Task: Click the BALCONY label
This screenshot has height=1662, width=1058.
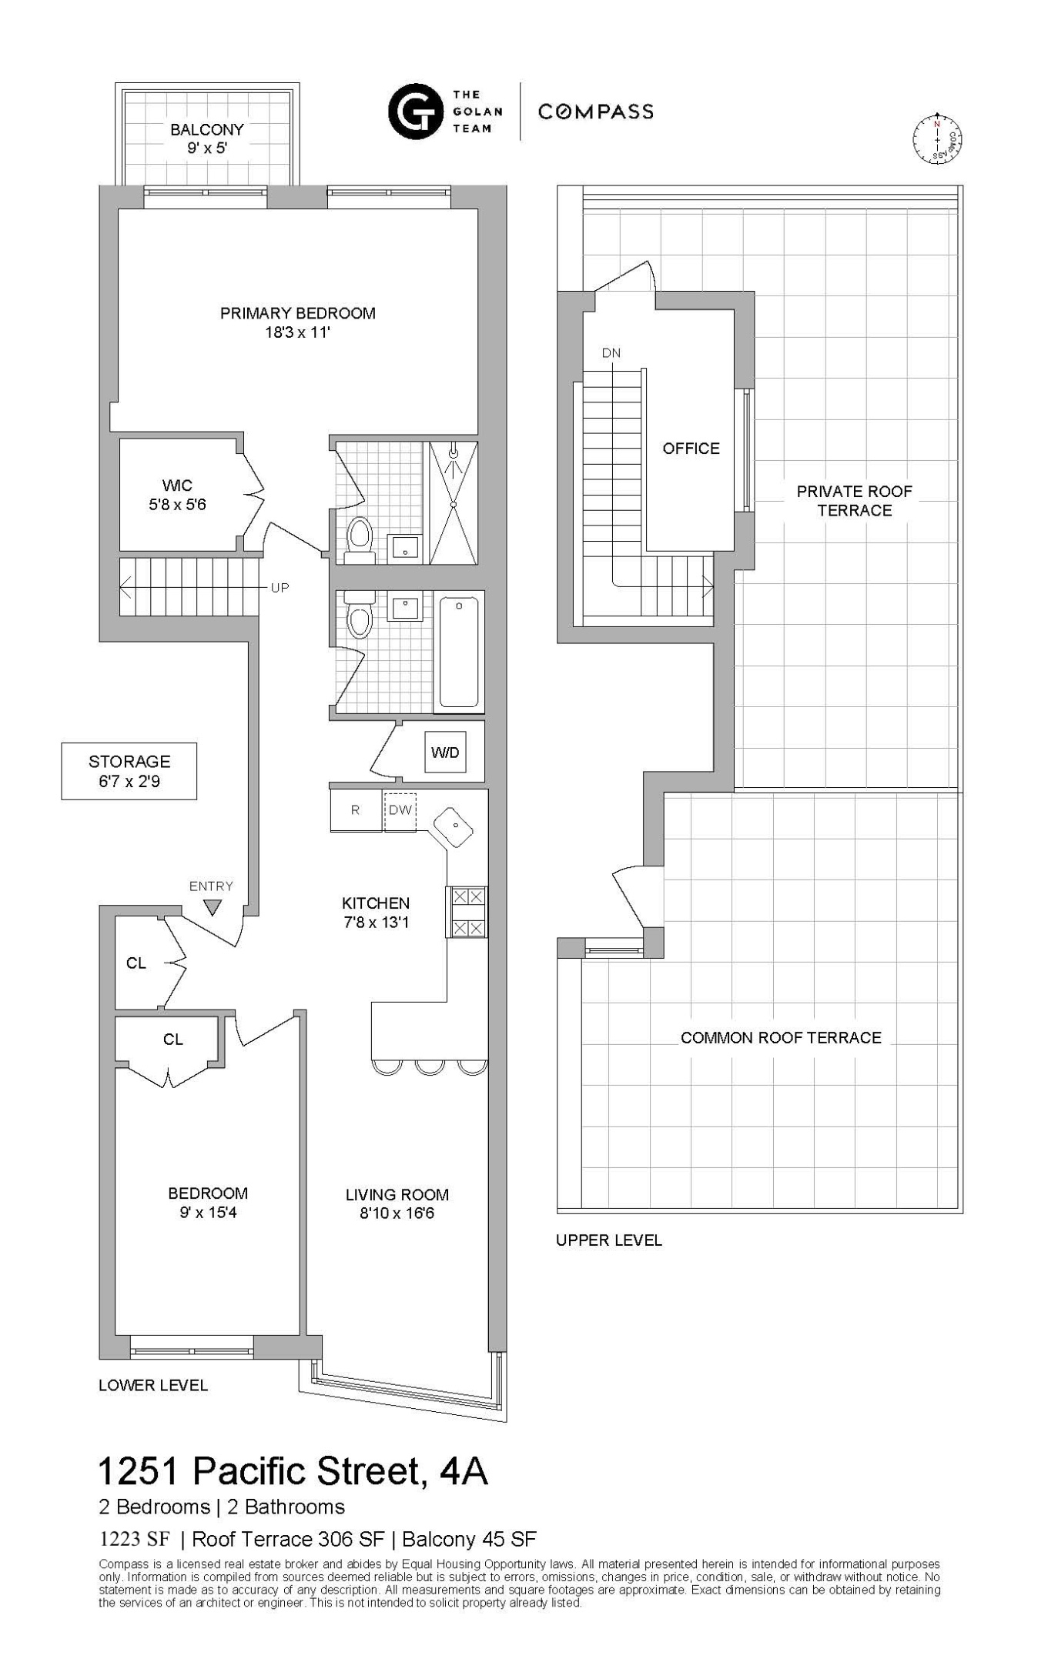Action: pos(206,129)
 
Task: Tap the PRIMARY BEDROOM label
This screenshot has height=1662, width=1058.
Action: pos(297,313)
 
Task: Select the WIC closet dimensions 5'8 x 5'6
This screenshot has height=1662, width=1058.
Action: pos(177,506)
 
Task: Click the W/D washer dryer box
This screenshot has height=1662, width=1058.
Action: pos(445,752)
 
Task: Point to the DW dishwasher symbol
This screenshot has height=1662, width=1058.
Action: pos(400,811)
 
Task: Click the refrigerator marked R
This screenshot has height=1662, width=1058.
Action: pos(356,811)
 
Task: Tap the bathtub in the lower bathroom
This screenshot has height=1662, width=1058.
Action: pos(459,652)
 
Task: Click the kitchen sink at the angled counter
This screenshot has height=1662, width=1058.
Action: pos(454,826)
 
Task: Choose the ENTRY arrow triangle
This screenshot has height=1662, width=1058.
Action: pos(213,907)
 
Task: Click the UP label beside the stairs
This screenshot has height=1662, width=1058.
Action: pos(280,588)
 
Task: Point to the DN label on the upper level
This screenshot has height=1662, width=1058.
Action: pos(611,353)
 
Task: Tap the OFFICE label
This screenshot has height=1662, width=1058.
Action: pos(691,449)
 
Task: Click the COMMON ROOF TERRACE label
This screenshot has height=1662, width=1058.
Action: pos(780,1038)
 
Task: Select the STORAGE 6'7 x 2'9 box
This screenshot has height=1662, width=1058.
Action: pos(129,771)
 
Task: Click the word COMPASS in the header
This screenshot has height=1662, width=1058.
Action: pos(595,112)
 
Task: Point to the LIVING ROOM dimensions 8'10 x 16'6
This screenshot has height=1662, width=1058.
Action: pos(397,1214)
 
